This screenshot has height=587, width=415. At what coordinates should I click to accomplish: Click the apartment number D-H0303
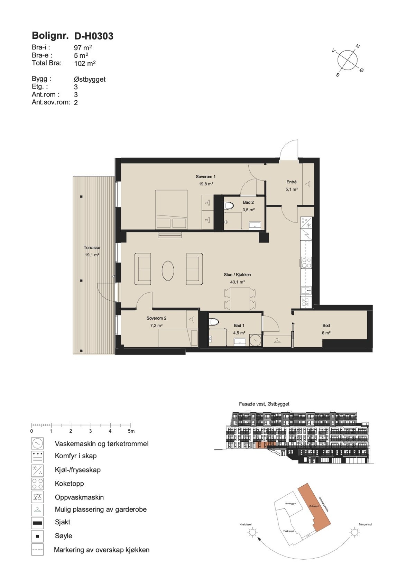coord(94,36)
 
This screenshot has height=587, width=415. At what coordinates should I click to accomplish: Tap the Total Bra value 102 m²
coord(85,64)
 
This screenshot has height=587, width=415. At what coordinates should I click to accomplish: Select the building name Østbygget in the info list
coord(90,79)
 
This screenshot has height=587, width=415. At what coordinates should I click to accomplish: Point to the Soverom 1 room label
coord(205,177)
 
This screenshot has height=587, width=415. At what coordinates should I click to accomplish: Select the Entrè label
coord(291,182)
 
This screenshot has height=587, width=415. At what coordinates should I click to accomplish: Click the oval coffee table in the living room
coord(168,270)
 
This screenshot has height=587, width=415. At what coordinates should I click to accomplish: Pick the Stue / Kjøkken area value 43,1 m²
coord(237,282)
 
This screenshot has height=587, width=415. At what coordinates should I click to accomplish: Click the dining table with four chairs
coord(240,299)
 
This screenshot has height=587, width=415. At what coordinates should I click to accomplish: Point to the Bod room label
coord(326,325)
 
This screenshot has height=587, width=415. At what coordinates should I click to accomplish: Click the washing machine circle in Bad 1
coord(256,340)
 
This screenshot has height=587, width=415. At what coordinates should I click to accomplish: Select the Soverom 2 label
coord(156,318)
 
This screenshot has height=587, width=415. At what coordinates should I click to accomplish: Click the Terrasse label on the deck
coord(92,248)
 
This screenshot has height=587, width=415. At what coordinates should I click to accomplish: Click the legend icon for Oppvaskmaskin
coord(37,497)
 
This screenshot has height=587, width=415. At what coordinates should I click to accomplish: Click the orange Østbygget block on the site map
coord(315,506)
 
